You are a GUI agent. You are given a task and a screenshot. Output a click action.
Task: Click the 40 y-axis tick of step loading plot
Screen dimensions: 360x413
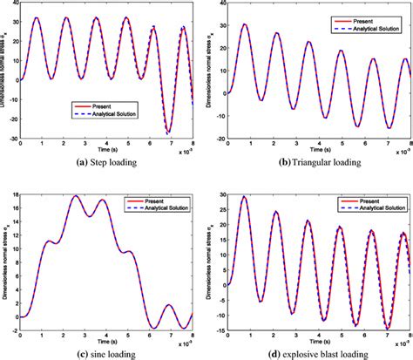(12, 5)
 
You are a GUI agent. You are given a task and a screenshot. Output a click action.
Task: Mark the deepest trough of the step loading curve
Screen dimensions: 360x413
(169, 132)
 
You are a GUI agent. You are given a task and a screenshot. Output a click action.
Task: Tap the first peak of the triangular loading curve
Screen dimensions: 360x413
(245, 24)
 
